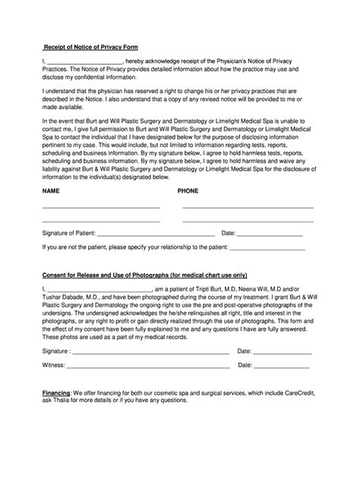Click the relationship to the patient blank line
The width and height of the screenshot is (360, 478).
click(x=267, y=249)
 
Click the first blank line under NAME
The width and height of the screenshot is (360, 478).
click(x=100, y=208)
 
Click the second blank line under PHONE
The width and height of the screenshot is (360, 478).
click(x=248, y=222)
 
